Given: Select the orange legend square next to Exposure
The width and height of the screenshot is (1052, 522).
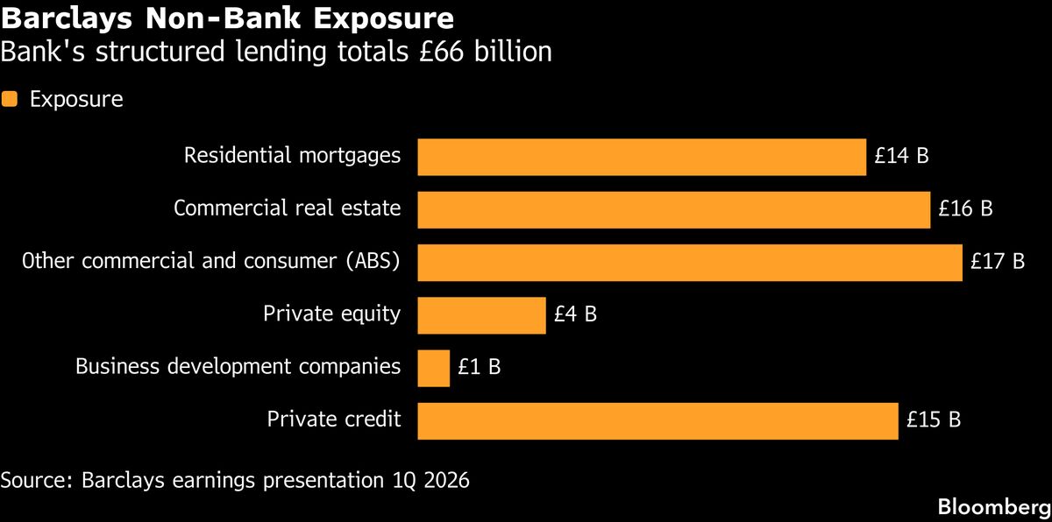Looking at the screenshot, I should click(x=10, y=99).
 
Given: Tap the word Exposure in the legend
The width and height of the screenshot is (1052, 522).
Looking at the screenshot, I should click(x=76, y=100).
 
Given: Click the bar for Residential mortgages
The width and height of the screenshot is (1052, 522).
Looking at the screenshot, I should click(x=642, y=158).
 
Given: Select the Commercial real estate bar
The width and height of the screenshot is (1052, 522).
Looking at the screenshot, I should click(x=673, y=210).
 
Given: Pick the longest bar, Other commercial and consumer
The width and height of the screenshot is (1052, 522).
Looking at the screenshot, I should click(x=690, y=263).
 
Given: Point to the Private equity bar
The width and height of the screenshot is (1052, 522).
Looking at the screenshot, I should click(x=481, y=315).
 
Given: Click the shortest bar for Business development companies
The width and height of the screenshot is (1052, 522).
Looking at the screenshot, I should click(x=433, y=368).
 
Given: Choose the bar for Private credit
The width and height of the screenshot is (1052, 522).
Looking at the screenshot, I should click(x=657, y=420).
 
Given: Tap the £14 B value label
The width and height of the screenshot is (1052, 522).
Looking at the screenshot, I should click(x=901, y=158).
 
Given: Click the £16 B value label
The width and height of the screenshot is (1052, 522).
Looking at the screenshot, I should click(x=965, y=210).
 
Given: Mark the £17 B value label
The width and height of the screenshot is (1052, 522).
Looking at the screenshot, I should click(x=998, y=263).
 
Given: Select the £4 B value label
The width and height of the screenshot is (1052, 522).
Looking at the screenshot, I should click(x=575, y=315).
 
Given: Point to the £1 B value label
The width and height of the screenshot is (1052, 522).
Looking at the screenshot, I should click(x=479, y=368).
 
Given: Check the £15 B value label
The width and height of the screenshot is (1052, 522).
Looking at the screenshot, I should click(x=934, y=420).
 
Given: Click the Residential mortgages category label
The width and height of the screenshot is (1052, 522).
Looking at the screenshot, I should click(x=292, y=156).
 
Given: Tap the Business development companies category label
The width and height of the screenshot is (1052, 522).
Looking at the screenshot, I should click(x=238, y=367).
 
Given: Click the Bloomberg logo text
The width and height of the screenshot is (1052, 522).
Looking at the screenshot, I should click(x=993, y=506).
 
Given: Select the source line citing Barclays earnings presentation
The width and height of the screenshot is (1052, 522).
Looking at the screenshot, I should click(x=235, y=481).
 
